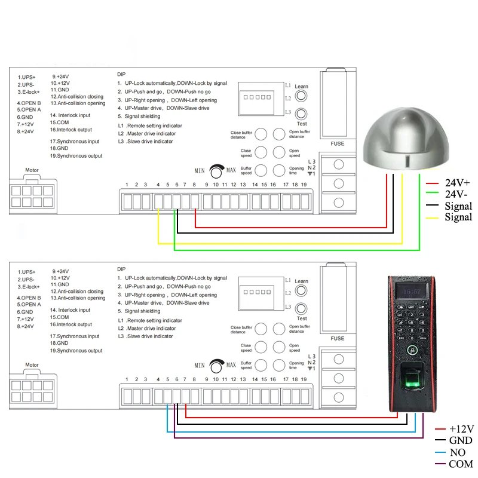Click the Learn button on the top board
(302, 96)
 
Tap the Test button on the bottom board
(302, 309)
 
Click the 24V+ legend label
(458, 183)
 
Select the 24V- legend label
(457, 194)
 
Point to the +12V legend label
(461, 429)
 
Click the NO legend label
(457, 452)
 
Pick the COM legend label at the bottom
(461, 464)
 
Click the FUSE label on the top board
(338, 144)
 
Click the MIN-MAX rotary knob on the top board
(216, 170)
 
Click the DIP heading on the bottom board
(122, 269)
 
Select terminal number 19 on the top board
(304, 185)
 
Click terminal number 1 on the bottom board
(127, 379)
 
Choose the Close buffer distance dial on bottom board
(261, 329)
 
